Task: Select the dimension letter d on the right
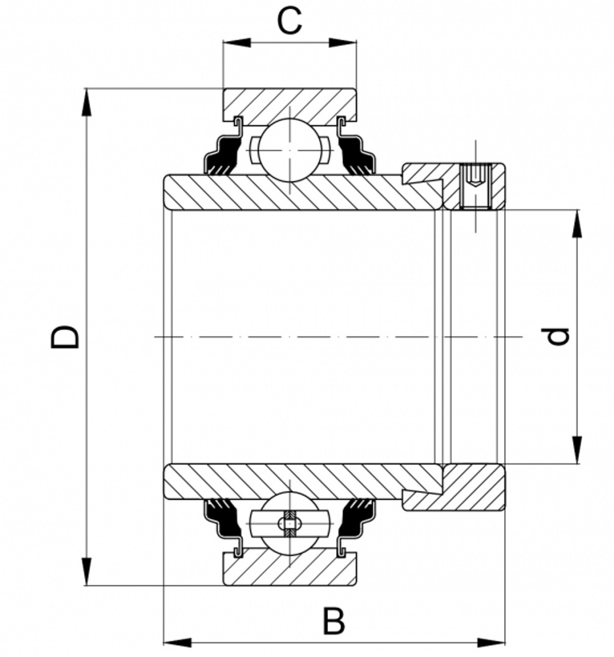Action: click(558, 337)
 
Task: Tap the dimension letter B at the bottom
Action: click(334, 621)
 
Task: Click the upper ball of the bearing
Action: click(289, 150)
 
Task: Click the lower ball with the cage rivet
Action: click(289, 523)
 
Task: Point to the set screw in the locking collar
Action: click(476, 186)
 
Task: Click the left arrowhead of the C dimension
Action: click(236, 43)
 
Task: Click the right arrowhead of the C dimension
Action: click(342, 43)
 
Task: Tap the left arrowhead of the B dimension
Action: click(177, 642)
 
